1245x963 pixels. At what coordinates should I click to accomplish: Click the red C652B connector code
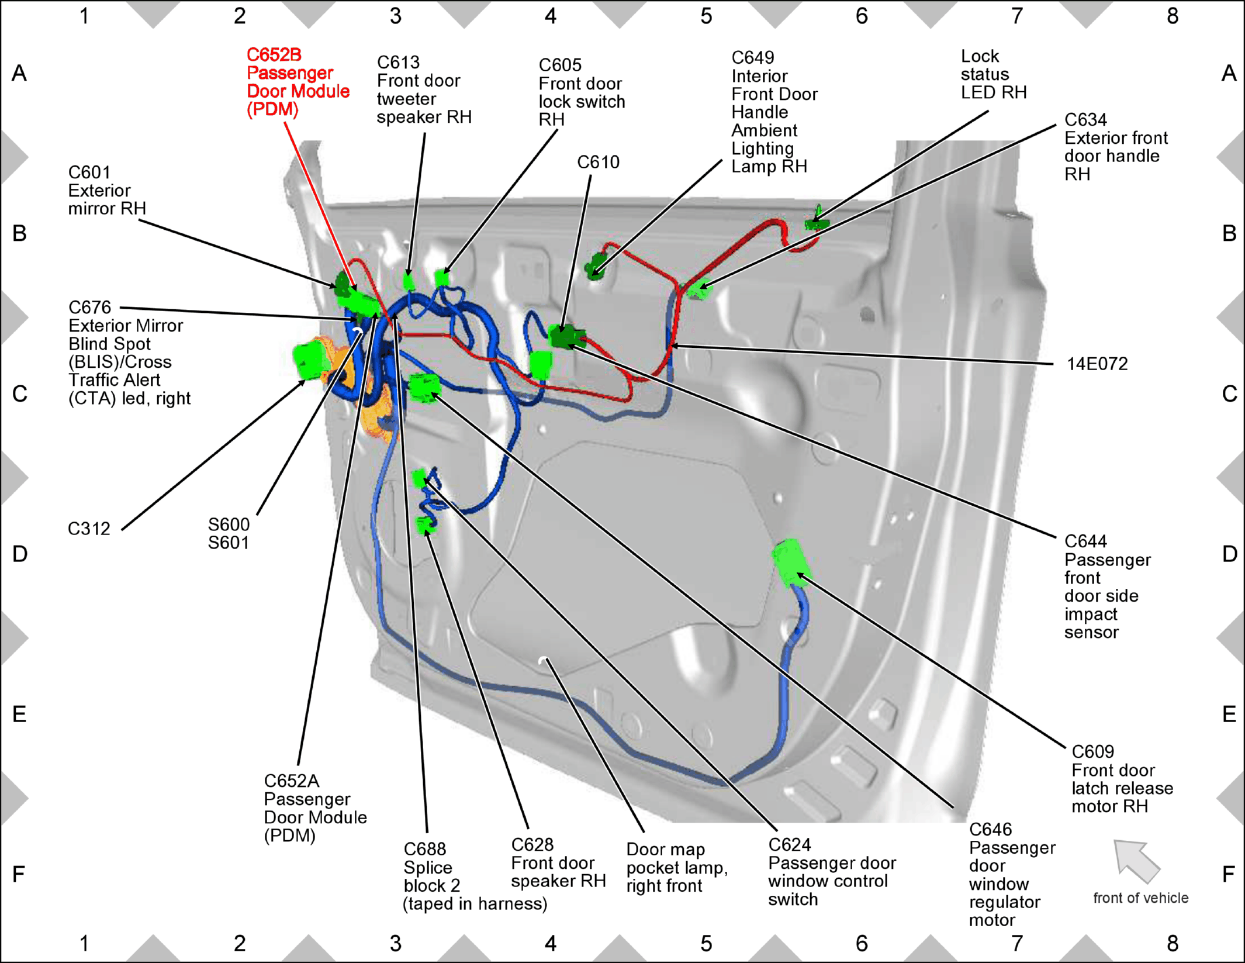tap(274, 54)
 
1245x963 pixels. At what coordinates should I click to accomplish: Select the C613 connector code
tap(398, 62)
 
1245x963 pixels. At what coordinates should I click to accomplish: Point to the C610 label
tap(598, 162)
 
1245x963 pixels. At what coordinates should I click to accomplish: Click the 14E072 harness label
tap(1097, 364)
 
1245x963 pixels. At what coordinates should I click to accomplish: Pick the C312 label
tap(89, 529)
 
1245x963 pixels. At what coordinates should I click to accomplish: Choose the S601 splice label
tap(229, 543)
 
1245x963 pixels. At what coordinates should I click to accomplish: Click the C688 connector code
tap(425, 849)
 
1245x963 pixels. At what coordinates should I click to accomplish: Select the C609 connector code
tap(1092, 751)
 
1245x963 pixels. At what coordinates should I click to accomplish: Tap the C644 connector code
tap(1085, 541)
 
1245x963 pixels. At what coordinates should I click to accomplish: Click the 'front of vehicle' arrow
tap(1136, 861)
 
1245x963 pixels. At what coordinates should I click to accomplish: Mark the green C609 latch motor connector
tap(791, 562)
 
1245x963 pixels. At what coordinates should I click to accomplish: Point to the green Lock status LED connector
tap(816, 219)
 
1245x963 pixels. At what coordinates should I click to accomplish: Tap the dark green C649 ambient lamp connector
tap(596, 266)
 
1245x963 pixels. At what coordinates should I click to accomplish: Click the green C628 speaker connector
tap(425, 525)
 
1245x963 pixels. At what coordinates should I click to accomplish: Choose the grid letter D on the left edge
tap(20, 554)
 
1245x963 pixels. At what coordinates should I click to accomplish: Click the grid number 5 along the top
tap(706, 16)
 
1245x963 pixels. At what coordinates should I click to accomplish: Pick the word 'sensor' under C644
tap(1091, 632)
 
